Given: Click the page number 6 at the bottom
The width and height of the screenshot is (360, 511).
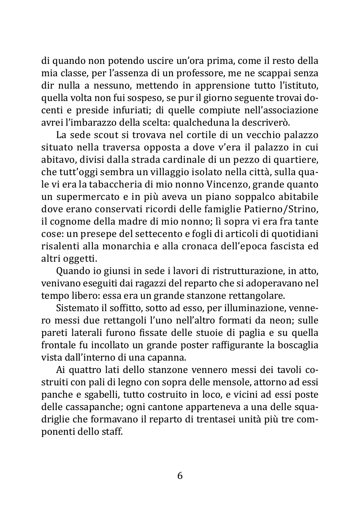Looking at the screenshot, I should tap(180, 476).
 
